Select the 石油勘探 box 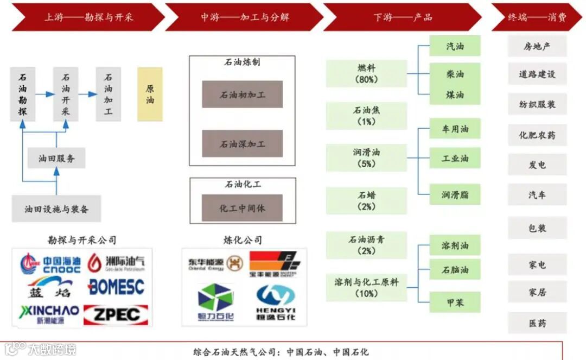[x=23, y=94]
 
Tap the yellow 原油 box [x=150, y=94]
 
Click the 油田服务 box [x=56, y=159]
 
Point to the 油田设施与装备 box [x=56, y=209]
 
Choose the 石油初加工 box [x=243, y=95]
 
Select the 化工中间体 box [x=243, y=208]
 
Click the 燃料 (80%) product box [x=366, y=74]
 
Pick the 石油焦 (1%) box [x=366, y=116]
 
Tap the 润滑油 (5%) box [x=366, y=158]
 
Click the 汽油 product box [x=455, y=46]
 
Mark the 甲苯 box [x=455, y=302]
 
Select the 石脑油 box [x=455, y=269]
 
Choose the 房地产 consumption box [x=537, y=47]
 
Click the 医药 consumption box [x=537, y=323]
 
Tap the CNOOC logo [x=50, y=264]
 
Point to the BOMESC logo [x=116, y=287]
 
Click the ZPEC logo [x=116, y=314]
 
